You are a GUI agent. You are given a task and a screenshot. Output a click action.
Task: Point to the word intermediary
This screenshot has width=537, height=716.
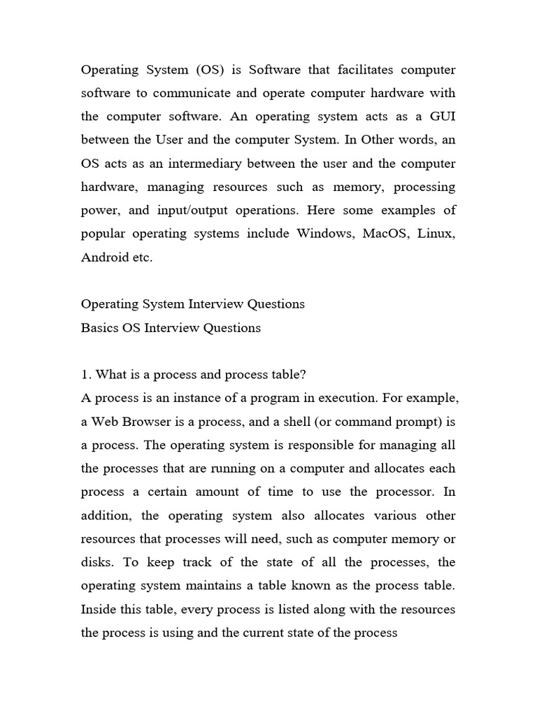[188, 164]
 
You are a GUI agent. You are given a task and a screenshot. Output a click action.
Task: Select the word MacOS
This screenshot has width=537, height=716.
[386, 234]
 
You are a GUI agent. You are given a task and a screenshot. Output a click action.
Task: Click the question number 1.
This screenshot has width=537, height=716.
[85, 374]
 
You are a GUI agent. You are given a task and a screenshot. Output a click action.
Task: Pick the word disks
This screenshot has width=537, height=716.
[97, 562]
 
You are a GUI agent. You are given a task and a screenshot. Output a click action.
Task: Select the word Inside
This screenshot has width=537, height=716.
[99, 609]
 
